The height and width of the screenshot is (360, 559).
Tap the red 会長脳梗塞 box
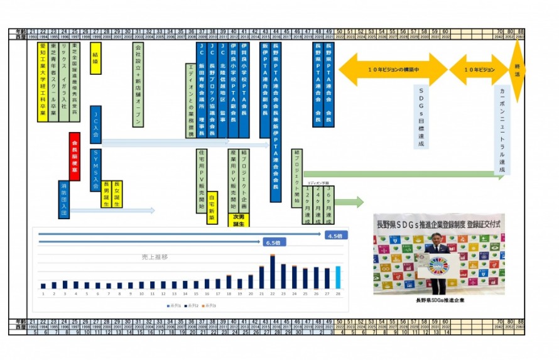click(x=74, y=156)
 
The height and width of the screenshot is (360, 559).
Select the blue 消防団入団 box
click(x=63, y=200)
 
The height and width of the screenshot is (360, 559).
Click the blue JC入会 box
click(x=95, y=125)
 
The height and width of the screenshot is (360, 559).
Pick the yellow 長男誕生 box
click(x=106, y=194)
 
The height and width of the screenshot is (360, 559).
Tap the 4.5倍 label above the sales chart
click(x=334, y=235)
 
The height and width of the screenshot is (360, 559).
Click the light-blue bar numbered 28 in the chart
click(x=338, y=277)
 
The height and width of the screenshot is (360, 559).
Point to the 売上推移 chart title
click(x=155, y=257)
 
